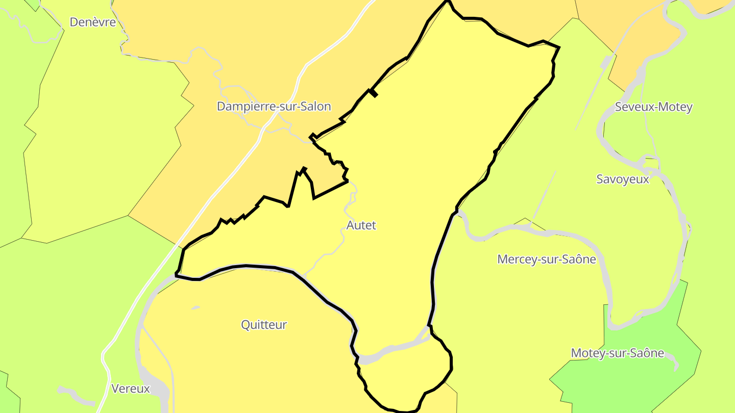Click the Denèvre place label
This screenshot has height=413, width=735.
click(92, 22)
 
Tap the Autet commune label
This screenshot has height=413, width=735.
click(361, 225)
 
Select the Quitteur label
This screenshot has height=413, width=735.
click(264, 325)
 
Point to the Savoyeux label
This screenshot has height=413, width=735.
click(623, 179)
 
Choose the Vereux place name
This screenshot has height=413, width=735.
click(131, 389)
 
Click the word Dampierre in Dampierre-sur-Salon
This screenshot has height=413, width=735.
click(242, 107)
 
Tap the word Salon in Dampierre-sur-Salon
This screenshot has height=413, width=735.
click(316, 107)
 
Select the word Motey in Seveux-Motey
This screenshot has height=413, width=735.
click(677, 107)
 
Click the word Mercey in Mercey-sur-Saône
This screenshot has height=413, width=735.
click(515, 260)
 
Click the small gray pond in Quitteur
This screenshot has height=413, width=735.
click(195, 308)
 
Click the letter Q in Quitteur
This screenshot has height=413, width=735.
click(246, 325)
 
